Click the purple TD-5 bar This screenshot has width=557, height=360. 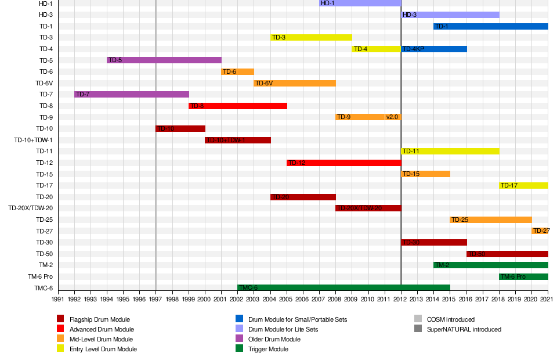(x=164, y=60)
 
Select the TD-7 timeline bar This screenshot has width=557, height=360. (x=132, y=94)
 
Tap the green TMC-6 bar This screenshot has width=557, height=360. (x=343, y=287)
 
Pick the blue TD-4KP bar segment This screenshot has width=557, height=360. (x=434, y=49)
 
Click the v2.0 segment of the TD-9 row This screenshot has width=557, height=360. (x=393, y=117)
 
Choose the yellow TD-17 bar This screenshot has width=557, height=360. (x=523, y=185)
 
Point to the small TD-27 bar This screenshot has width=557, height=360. (x=540, y=231)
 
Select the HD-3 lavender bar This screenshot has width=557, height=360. (x=450, y=15)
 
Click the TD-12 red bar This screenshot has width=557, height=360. (x=344, y=163)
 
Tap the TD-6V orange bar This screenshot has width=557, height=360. (x=295, y=83)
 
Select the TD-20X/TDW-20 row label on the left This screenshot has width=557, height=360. (x=30, y=208)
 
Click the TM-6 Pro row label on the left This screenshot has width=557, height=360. (x=37, y=276)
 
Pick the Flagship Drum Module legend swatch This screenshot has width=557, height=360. (x=60, y=319)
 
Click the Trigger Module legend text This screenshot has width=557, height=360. (x=268, y=349)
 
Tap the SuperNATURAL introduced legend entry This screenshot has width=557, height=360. (x=464, y=329)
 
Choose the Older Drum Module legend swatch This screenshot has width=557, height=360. (x=239, y=339)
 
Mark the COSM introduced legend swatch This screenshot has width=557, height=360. (x=418, y=319)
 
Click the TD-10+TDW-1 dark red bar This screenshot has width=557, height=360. (x=238, y=140)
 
